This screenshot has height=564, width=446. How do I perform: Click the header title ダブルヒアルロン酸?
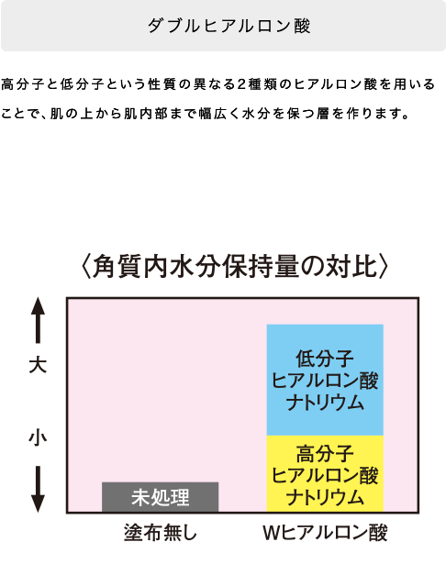(x=229, y=26)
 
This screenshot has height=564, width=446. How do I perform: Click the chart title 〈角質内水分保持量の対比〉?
(x=234, y=267)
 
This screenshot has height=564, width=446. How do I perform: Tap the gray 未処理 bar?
(x=161, y=497)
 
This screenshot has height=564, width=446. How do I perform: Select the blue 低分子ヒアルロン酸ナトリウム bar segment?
(x=325, y=380)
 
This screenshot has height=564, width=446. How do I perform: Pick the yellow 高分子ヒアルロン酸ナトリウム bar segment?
(x=325, y=473)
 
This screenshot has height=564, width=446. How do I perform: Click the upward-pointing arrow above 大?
(x=38, y=320)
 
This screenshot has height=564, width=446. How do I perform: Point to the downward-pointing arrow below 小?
(x=38, y=489)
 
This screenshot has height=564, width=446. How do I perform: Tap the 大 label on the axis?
(x=38, y=365)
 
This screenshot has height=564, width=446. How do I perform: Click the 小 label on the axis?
(x=38, y=438)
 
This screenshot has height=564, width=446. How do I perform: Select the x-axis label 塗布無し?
(x=161, y=533)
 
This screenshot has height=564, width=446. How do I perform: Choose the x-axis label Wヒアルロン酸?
(x=325, y=533)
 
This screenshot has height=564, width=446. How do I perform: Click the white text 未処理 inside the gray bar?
(x=161, y=497)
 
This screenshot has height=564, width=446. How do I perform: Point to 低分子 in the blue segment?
(x=325, y=359)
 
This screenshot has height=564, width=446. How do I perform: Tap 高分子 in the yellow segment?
(x=325, y=453)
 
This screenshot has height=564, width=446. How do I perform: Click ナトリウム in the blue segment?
(x=325, y=403)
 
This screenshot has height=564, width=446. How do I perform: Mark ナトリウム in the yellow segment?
(x=325, y=497)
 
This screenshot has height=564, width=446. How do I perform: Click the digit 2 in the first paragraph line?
(x=241, y=84)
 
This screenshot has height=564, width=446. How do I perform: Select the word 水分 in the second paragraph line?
(x=256, y=114)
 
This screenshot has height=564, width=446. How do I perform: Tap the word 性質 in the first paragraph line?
(x=162, y=84)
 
